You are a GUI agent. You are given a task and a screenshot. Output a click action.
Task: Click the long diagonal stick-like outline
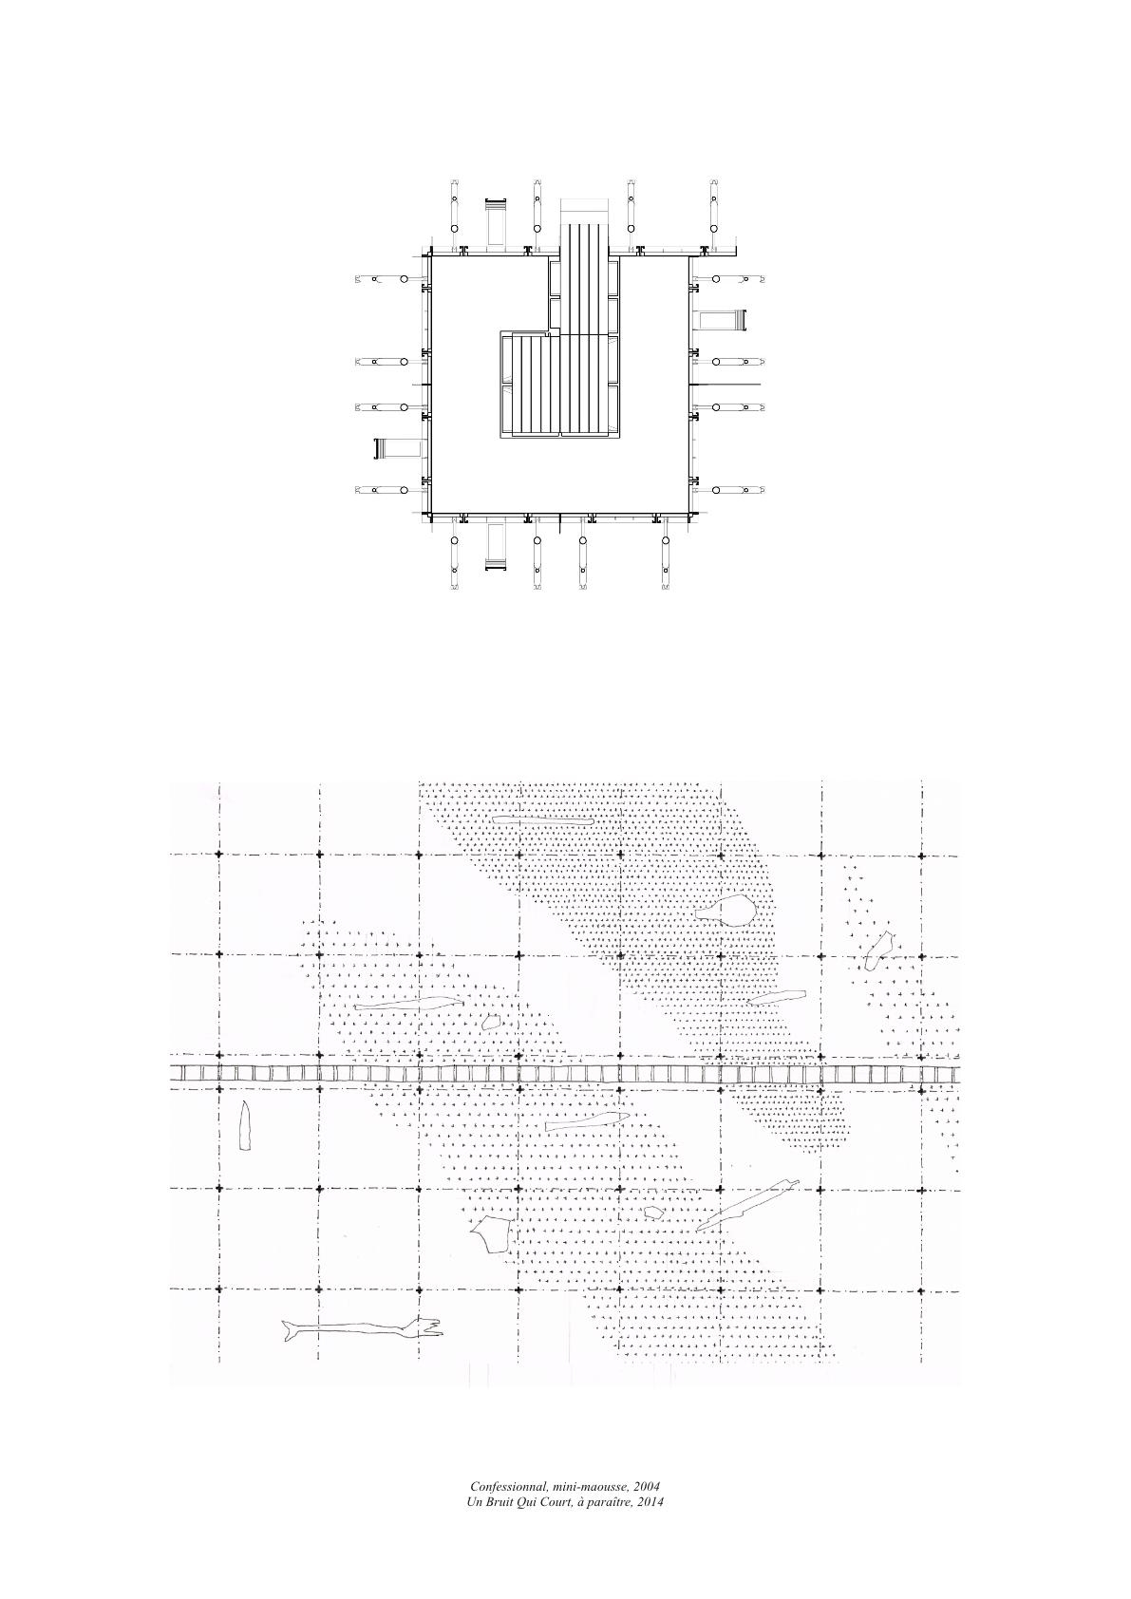746,1205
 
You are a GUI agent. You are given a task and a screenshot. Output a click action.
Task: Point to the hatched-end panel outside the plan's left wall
400,449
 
